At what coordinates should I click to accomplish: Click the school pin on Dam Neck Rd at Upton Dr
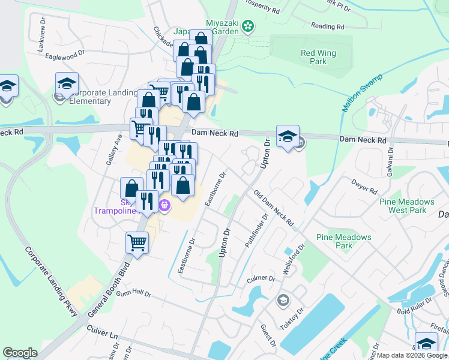click(x=288, y=137)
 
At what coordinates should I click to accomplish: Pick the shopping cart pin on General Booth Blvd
click(x=137, y=244)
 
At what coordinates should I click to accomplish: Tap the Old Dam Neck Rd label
click(x=274, y=209)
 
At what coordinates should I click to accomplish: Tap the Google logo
click(x=20, y=353)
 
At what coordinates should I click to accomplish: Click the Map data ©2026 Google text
click(x=412, y=355)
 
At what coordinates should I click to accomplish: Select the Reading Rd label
click(x=328, y=26)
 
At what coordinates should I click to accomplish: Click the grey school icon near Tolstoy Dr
click(x=282, y=299)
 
